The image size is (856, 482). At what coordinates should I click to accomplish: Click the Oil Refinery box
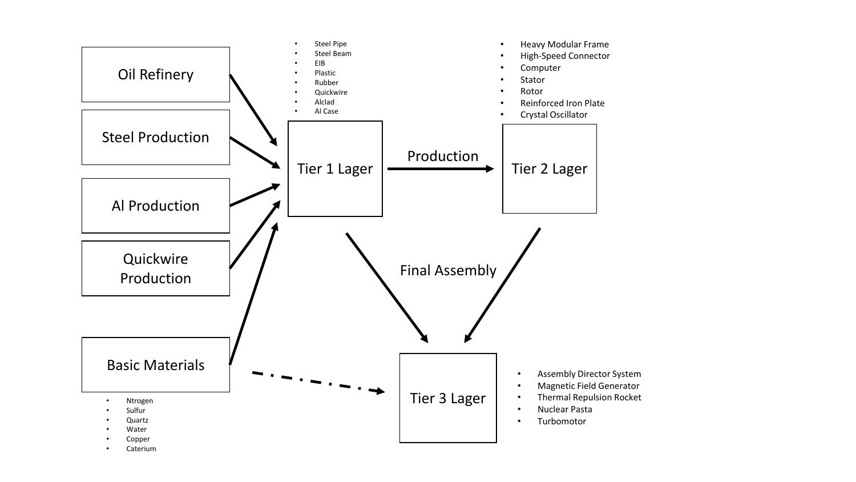(x=155, y=75)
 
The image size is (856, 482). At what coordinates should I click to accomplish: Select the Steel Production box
(x=155, y=138)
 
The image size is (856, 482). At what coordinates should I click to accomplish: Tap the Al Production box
(x=155, y=206)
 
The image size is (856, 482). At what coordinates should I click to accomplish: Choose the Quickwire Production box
(x=155, y=268)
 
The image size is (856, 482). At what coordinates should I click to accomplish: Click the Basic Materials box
(x=155, y=365)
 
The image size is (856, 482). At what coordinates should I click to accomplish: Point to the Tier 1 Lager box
(x=335, y=169)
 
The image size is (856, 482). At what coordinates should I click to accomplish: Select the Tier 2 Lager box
(x=549, y=169)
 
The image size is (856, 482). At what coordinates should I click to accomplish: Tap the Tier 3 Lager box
(x=447, y=398)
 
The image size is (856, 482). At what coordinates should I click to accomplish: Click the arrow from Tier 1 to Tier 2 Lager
(x=439, y=169)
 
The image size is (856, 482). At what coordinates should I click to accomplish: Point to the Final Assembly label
(x=448, y=270)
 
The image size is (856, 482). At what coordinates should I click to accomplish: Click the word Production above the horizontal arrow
(x=443, y=156)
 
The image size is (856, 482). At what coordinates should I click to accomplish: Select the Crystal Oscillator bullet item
(x=554, y=115)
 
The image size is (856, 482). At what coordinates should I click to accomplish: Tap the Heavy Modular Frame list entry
(x=564, y=45)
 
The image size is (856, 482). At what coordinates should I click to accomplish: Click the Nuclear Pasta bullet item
(x=564, y=409)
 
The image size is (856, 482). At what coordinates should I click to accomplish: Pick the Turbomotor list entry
(x=562, y=421)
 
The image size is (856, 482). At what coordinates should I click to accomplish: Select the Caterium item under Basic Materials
(x=141, y=449)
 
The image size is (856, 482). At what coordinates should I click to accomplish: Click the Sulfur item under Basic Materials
(x=136, y=411)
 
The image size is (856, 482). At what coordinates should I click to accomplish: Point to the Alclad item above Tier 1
(x=324, y=102)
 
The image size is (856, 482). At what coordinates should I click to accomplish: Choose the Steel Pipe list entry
(x=330, y=44)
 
